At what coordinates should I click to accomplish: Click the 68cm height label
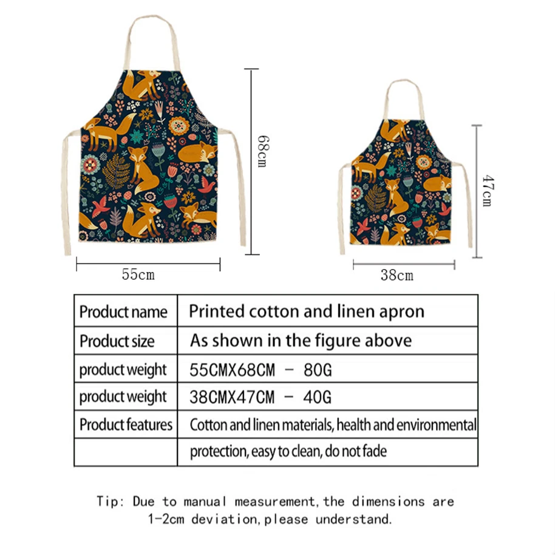pos(262,151)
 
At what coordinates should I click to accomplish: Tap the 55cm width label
pos(138,275)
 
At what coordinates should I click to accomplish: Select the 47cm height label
pos(486,191)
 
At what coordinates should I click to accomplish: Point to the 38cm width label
pos(397,276)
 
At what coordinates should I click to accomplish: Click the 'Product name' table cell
pos(123,312)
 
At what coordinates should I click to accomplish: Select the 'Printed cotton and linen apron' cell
pos(306,312)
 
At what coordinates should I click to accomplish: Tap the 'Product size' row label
pos(117,341)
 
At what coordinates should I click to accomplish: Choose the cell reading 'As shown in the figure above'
pos(301,340)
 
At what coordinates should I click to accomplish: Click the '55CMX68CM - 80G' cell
pos(260,369)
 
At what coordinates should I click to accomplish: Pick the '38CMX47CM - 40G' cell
pos(260,398)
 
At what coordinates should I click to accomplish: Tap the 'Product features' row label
pos(126,424)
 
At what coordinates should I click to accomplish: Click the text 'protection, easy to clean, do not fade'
pos(288,452)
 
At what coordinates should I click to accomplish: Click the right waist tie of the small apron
pos(468,206)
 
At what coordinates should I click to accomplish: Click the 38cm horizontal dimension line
pos(404,264)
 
